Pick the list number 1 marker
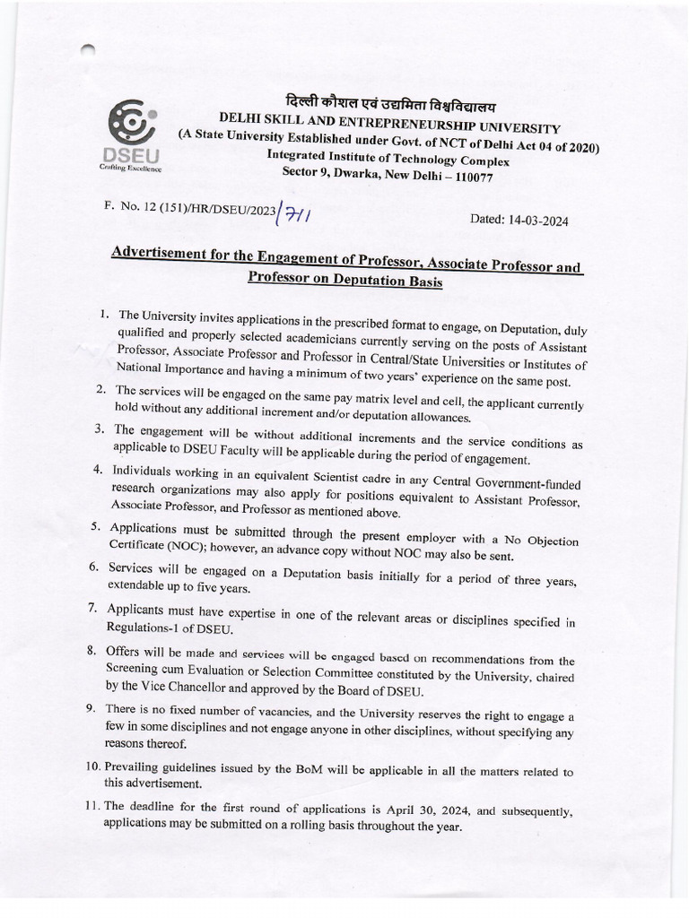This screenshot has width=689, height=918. (x=105, y=315)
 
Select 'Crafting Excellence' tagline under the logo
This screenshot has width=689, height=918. (x=130, y=168)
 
